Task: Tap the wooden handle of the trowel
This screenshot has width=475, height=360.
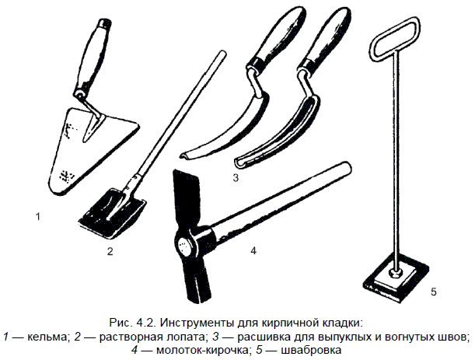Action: tap(92, 58)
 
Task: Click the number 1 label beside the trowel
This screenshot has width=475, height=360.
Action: tap(38, 217)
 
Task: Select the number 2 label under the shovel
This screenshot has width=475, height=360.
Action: tap(110, 251)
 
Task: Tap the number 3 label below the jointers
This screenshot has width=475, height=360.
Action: tap(236, 177)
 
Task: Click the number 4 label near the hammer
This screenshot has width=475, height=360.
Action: tap(253, 250)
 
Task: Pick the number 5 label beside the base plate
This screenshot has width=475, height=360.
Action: tap(434, 292)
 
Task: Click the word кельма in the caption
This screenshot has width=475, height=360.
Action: tap(47, 337)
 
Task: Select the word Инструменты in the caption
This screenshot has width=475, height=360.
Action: tap(197, 323)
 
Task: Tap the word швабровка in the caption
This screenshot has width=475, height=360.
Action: tap(311, 350)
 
